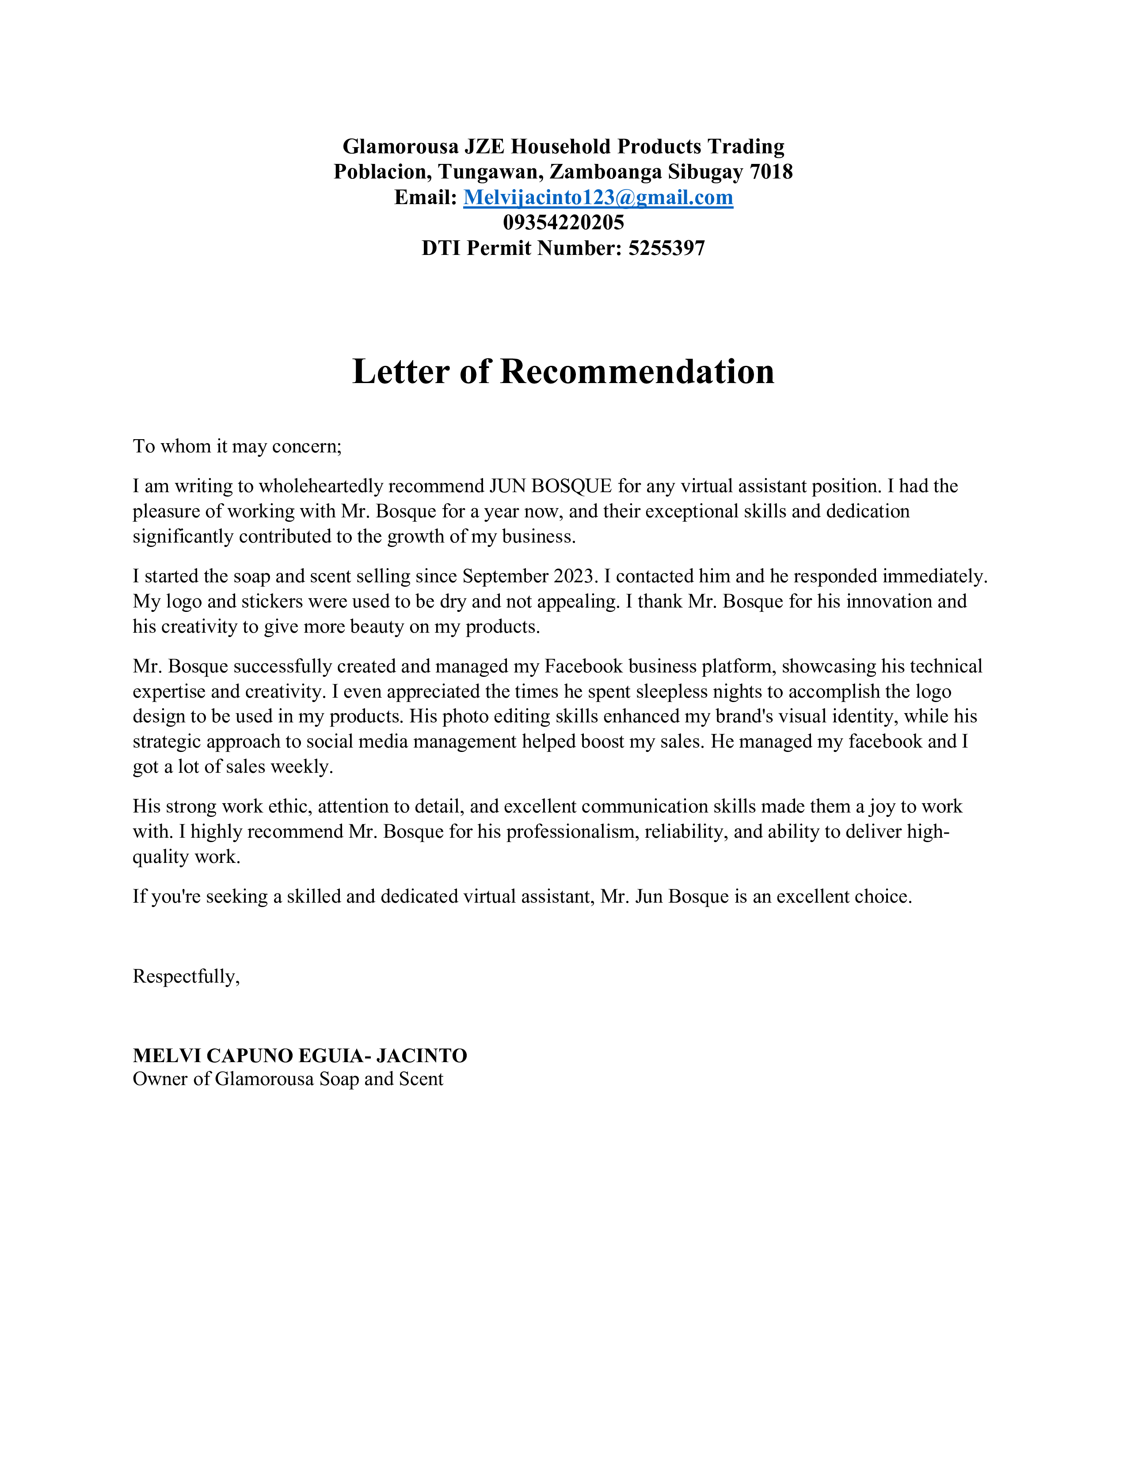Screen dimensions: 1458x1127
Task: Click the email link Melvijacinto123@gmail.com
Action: point(598,197)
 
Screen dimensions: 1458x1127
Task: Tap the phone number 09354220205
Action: point(563,222)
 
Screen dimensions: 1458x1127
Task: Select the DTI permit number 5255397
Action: point(666,248)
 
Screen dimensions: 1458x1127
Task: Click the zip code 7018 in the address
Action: point(771,172)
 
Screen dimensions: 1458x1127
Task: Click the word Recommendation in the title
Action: point(637,372)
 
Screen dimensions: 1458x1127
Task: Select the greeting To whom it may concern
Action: point(237,446)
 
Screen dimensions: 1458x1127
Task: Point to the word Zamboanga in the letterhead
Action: point(605,172)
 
